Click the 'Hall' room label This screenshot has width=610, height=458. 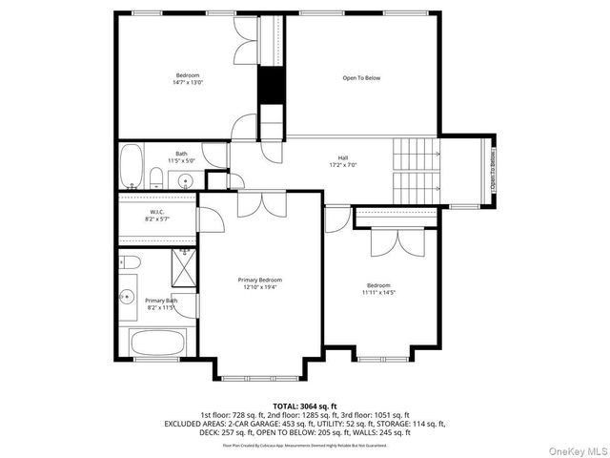(342, 157)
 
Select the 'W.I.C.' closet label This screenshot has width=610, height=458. (158, 211)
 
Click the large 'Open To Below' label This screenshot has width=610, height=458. (361, 77)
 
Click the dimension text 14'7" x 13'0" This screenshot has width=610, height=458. (189, 83)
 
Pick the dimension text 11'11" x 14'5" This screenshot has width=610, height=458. (378, 292)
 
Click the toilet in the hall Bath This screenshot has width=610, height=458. (155, 177)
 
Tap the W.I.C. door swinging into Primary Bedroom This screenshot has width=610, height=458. (213, 220)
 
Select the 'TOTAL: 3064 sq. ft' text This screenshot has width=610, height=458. (305, 406)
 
